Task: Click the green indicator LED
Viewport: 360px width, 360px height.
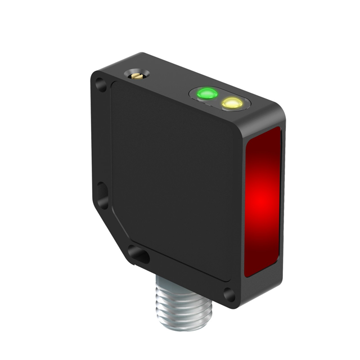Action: point(206,93)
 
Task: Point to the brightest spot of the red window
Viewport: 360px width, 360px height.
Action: point(260,198)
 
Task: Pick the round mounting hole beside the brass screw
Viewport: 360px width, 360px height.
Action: point(101,85)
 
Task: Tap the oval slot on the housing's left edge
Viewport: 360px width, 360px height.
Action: point(102,195)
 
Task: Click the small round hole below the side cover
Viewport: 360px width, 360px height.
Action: point(228,293)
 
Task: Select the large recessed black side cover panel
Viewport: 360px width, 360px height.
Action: point(174,180)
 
